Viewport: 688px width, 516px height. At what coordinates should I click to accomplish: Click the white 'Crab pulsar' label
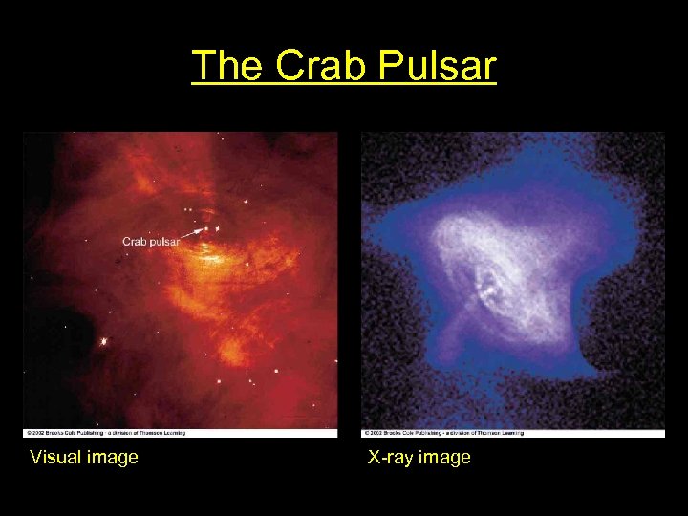(x=151, y=242)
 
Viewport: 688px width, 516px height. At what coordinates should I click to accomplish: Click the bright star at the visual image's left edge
(x=102, y=341)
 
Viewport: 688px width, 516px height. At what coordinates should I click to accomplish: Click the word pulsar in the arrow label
(x=163, y=242)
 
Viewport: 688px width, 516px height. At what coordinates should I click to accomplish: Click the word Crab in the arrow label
(x=135, y=242)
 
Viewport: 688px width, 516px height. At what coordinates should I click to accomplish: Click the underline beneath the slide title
(x=344, y=86)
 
